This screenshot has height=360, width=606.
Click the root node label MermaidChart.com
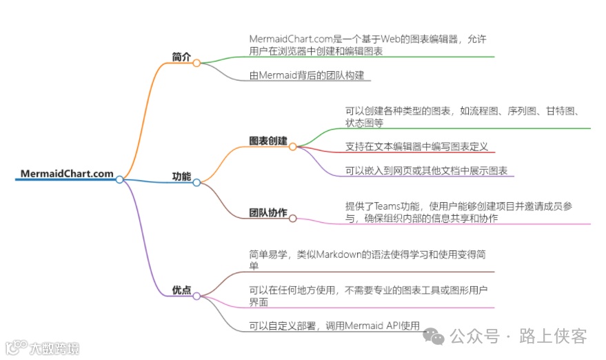pyautogui.click(x=67, y=174)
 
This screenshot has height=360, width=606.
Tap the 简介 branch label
pyautogui.click(x=181, y=57)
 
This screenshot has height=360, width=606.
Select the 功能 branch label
pyautogui.click(x=181, y=177)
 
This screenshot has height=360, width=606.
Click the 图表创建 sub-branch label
pyautogui.click(x=268, y=141)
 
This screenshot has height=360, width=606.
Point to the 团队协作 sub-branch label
pyautogui.click(x=268, y=212)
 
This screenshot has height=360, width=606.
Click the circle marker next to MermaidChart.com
pyautogui.click(x=119, y=179)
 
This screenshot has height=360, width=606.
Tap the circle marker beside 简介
pyautogui.click(x=196, y=63)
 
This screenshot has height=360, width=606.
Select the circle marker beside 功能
pyautogui.click(x=196, y=183)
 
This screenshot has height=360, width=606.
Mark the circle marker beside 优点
pyautogui.click(x=196, y=297)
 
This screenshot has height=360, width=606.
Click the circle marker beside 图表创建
pyautogui.click(x=292, y=147)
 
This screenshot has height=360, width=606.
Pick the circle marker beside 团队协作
pyautogui.click(x=292, y=219)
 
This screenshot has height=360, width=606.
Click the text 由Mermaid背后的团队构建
pyautogui.click(x=307, y=75)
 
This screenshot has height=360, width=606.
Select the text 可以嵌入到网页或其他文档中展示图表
pyautogui.click(x=426, y=171)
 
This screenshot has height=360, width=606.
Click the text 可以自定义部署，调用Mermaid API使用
pyautogui.click(x=334, y=326)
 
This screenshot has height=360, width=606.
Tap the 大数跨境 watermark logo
pyautogui.click(x=41, y=347)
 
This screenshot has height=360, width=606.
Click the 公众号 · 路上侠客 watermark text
pyautogui.click(x=517, y=336)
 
